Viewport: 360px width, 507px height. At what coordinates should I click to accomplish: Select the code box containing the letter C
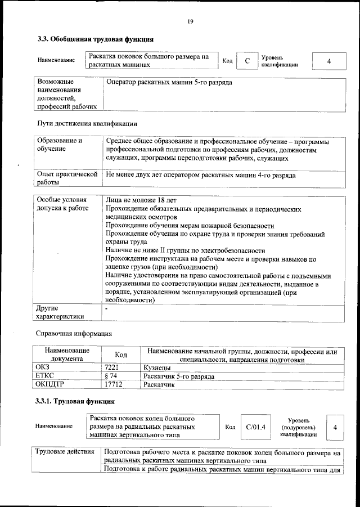tap(246, 61)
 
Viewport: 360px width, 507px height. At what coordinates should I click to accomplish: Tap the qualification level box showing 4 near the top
tap(328, 61)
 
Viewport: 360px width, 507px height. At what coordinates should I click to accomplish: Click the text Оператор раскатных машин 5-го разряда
tap(169, 83)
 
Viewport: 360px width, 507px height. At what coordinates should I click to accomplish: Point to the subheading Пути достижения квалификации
tap(87, 123)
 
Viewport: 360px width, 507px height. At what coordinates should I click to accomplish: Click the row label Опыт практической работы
tap(67, 178)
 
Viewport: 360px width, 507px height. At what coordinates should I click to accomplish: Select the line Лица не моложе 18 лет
tap(141, 200)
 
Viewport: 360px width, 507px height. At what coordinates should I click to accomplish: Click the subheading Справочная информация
tap(79, 334)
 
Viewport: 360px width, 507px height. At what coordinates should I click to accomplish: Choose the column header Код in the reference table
tap(121, 355)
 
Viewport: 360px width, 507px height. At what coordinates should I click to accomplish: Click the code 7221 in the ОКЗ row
tap(112, 367)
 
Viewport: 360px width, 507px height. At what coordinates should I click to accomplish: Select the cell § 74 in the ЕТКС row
tap(111, 376)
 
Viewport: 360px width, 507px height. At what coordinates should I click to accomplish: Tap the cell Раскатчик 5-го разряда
tap(179, 376)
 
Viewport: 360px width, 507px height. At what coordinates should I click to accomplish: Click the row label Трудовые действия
tap(65, 452)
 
